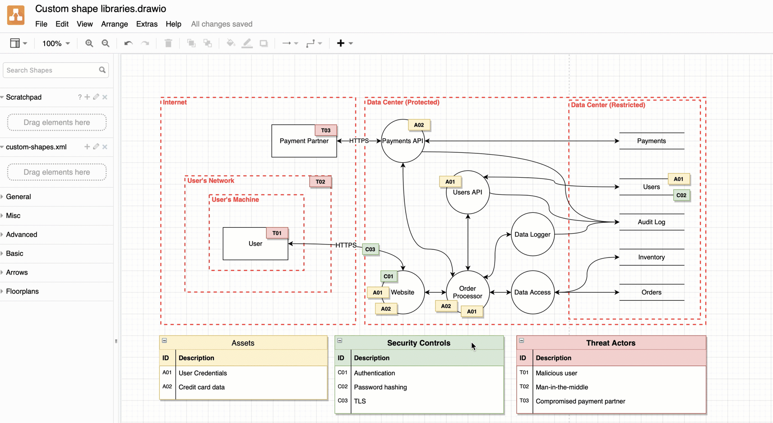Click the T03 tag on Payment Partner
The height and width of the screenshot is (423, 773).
pyautogui.click(x=326, y=130)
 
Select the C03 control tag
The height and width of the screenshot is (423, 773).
pyautogui.click(x=370, y=249)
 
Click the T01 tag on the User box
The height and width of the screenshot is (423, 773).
pyautogui.click(x=277, y=233)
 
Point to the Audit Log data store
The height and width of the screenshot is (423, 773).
pyautogui.click(x=651, y=222)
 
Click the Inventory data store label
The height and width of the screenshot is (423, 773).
pyautogui.click(x=651, y=257)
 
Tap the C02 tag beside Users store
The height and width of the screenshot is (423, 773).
pyautogui.click(x=681, y=195)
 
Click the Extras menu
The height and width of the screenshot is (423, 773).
pyautogui.click(x=147, y=24)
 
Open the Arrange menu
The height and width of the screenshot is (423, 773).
pyautogui.click(x=114, y=24)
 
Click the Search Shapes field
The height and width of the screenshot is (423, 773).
pyautogui.click(x=52, y=70)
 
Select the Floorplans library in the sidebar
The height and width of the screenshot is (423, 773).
pyautogui.click(x=23, y=291)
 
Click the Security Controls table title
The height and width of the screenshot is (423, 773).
pyautogui.click(x=418, y=343)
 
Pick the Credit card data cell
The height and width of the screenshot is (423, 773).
pyautogui.click(x=202, y=387)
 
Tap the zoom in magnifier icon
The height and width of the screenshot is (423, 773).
pyautogui.click(x=89, y=43)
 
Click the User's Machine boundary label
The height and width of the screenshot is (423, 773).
pyautogui.click(x=235, y=199)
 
